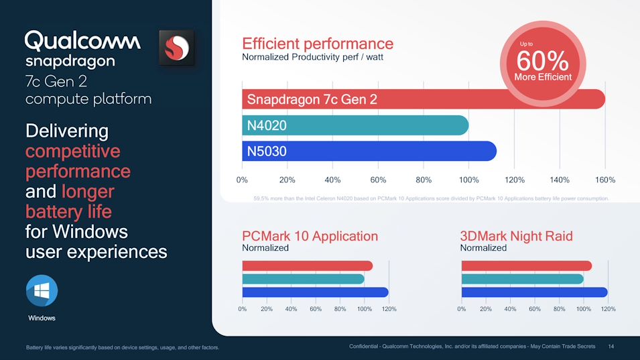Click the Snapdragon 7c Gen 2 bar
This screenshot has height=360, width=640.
[x=422, y=99]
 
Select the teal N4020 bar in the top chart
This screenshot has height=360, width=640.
[x=355, y=125]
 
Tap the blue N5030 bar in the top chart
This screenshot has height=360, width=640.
[x=369, y=152]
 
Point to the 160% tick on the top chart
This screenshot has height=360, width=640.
[x=604, y=180]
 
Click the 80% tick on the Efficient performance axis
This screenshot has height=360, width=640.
[x=424, y=180]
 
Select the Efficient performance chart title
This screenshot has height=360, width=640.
[x=318, y=44]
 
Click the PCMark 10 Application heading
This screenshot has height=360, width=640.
[x=310, y=236]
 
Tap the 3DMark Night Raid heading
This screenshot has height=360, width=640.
[x=516, y=236]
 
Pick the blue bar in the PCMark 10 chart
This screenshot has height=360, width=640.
[x=315, y=292]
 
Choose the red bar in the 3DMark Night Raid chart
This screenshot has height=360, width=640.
[x=526, y=266]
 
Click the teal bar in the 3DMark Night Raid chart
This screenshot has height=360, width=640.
[x=523, y=279]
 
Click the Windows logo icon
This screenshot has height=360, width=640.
[x=42, y=291]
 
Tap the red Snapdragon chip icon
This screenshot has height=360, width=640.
[x=177, y=48]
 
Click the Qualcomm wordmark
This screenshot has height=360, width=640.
[x=82, y=42]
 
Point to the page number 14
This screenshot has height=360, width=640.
[x=611, y=346]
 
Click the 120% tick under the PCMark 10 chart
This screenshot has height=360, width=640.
[x=389, y=309]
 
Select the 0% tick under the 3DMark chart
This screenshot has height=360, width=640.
[x=462, y=309]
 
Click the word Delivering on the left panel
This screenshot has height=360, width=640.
[x=66, y=131]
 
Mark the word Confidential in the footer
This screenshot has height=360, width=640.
[x=366, y=346]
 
